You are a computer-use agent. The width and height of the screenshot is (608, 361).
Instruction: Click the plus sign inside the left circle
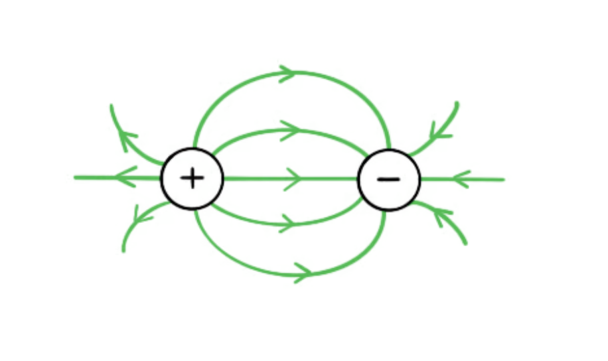(192, 179)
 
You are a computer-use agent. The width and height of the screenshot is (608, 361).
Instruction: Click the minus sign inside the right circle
(388, 179)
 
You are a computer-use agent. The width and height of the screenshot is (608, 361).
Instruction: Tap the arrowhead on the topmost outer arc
(287, 73)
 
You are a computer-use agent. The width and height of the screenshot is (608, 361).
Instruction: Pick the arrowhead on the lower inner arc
(286, 223)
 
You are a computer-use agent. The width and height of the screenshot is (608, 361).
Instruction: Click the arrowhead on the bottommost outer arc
(303, 272)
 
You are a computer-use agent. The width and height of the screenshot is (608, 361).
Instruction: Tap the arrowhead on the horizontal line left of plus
(125, 177)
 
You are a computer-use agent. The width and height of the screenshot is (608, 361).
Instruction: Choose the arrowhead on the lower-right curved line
(442, 216)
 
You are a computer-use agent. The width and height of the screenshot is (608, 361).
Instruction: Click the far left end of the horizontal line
(76, 177)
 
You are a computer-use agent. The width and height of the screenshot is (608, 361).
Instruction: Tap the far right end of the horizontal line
(504, 179)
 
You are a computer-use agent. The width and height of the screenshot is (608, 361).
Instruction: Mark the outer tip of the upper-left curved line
(112, 106)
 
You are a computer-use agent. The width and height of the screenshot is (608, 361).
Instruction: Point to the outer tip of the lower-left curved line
(123, 250)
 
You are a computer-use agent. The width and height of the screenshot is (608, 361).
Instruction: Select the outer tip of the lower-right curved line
(465, 243)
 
